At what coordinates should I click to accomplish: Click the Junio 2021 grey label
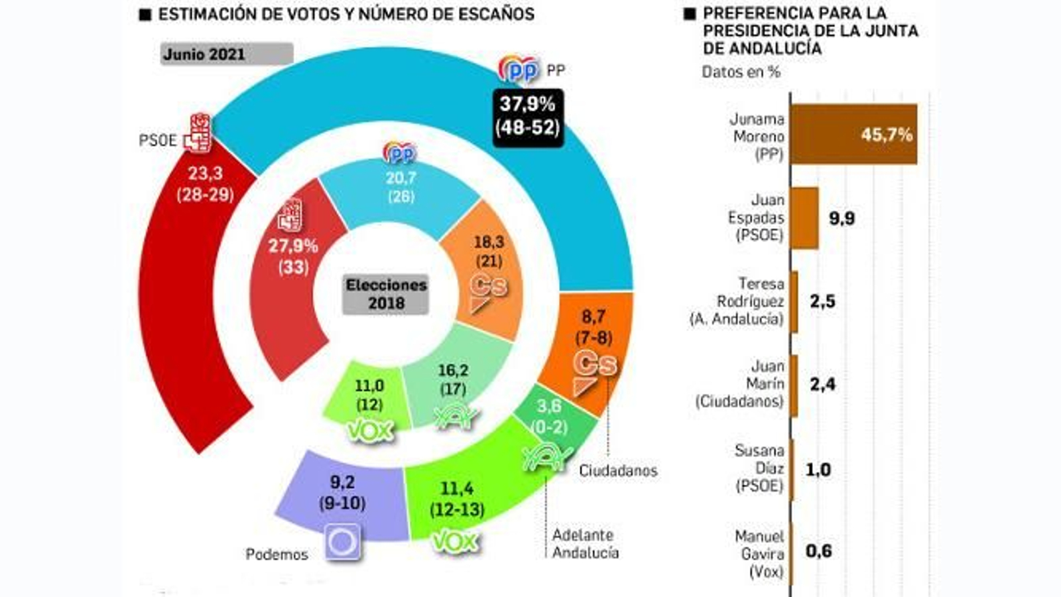tap(225, 54)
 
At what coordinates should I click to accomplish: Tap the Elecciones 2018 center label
tap(386, 295)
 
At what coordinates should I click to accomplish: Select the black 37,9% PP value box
tap(528, 116)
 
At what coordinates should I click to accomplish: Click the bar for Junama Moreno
tap(854, 135)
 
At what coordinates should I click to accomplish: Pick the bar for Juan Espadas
tap(805, 218)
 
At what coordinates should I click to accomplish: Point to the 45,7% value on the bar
tap(887, 135)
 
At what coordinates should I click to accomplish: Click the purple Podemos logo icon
tap(343, 542)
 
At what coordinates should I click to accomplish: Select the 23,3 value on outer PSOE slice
tap(205, 174)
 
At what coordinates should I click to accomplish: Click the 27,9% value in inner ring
tap(293, 247)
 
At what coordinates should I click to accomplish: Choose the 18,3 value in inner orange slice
tap(489, 242)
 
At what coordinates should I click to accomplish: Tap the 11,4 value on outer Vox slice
tap(457, 490)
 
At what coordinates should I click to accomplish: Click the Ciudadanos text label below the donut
tap(618, 471)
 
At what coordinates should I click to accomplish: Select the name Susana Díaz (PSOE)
tap(759, 468)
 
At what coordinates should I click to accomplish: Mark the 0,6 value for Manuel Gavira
tap(818, 551)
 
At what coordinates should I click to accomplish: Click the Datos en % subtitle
tap(741, 72)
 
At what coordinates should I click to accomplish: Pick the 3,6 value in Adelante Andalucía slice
tap(549, 406)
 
